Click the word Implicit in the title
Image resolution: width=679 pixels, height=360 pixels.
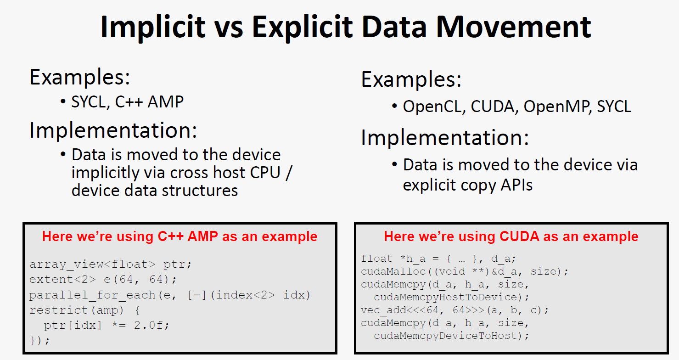(x=153, y=28)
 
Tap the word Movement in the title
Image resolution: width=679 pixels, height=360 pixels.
(x=513, y=27)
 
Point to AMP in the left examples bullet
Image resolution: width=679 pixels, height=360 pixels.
(x=166, y=101)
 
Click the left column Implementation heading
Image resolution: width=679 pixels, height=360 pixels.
(x=113, y=130)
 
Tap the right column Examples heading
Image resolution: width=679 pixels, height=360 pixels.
(x=411, y=79)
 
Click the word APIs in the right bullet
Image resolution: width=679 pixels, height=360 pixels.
(x=516, y=185)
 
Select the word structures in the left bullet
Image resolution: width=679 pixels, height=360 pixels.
(x=200, y=191)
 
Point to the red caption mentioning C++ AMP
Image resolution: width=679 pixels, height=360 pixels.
(x=180, y=236)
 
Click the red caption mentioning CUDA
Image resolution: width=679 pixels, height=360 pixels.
(x=511, y=236)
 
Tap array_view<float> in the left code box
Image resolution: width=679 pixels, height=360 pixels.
(x=92, y=264)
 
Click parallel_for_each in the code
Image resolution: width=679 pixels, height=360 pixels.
(x=92, y=295)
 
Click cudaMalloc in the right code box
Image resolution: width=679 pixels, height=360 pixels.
(x=393, y=271)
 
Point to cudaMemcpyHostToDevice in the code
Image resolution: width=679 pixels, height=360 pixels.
(x=445, y=297)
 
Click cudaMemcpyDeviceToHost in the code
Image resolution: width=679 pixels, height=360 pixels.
(x=445, y=336)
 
